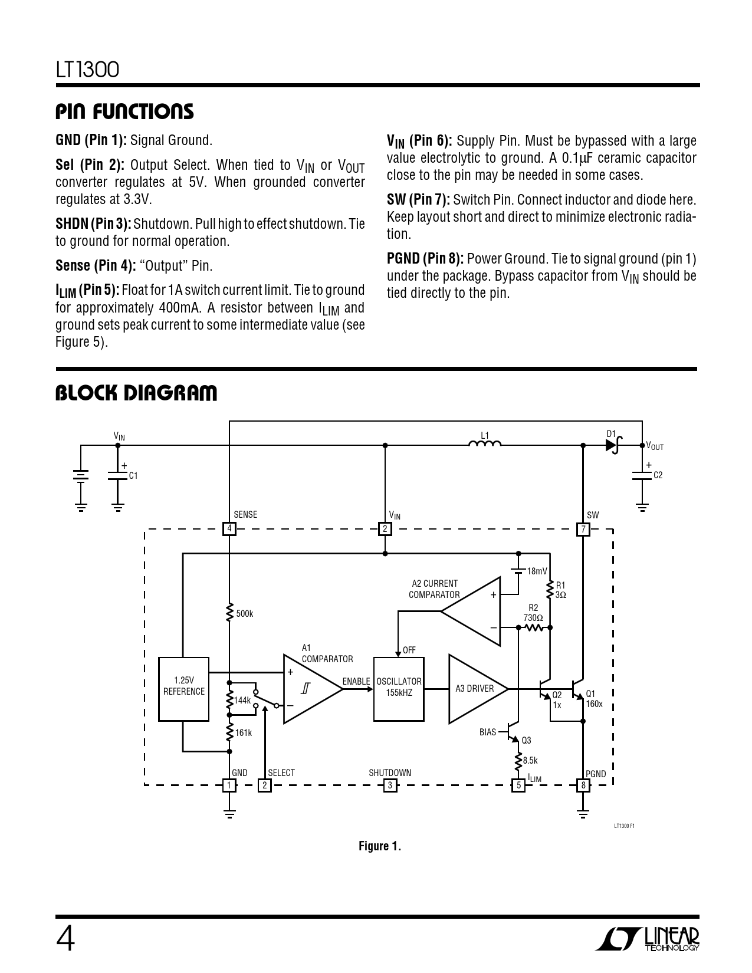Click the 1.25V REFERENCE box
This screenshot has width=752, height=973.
(183, 689)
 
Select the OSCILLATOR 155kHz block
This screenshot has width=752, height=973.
(399, 688)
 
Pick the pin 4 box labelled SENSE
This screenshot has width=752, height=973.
(229, 529)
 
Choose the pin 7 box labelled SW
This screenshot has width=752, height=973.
(583, 529)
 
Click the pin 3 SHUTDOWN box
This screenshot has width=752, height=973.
(389, 785)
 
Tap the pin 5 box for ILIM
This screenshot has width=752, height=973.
(518, 785)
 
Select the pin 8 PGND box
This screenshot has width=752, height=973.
(583, 785)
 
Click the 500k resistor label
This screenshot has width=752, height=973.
(244, 614)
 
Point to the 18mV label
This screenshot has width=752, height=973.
(537, 571)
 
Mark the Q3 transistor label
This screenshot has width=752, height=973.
(526, 741)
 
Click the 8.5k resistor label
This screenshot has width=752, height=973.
(530, 761)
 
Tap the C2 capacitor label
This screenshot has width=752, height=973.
(658, 475)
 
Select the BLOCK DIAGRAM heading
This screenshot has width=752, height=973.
(136, 393)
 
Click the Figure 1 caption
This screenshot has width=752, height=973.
(380, 847)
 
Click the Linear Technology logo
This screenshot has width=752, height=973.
(648, 939)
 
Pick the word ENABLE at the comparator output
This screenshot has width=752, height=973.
(356, 682)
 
